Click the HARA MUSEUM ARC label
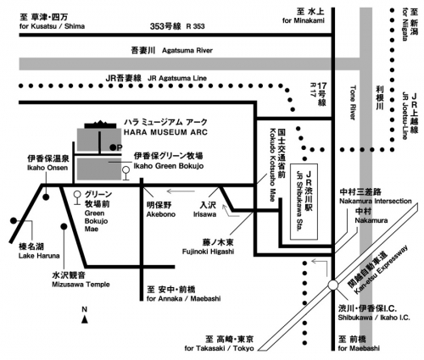(x=165, y=132)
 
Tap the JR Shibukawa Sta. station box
(x=304, y=202)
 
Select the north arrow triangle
(x=85, y=319)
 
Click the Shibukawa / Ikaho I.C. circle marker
(x=333, y=285)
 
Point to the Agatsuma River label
(x=187, y=51)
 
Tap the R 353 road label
(x=195, y=26)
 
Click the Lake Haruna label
(x=39, y=256)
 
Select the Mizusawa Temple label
(x=81, y=285)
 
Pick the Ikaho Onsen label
(x=47, y=168)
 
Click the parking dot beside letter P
(x=113, y=147)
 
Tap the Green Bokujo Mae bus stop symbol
(x=76, y=197)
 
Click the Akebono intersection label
(x=161, y=214)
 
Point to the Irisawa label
(x=205, y=214)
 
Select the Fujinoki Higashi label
(x=208, y=252)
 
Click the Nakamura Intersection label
(x=376, y=202)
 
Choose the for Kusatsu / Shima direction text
(x=52, y=26)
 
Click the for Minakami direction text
(x=304, y=20)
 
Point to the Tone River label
(x=353, y=102)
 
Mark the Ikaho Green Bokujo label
(x=169, y=166)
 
